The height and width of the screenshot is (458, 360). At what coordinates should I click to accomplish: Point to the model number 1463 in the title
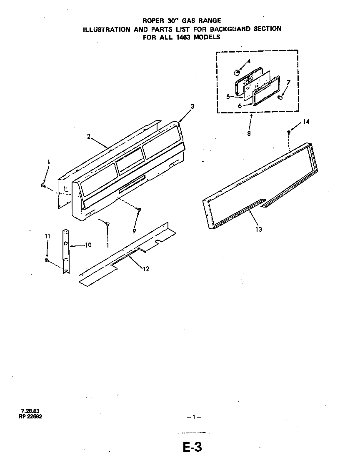(185, 37)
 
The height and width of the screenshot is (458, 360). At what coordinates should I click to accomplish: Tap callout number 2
(89, 136)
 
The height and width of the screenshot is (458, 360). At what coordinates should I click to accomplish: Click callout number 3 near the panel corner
(192, 106)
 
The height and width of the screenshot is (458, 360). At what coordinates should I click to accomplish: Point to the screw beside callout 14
(288, 132)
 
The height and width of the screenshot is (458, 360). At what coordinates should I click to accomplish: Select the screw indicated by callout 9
(140, 209)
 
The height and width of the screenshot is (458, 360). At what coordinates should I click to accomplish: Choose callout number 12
(146, 269)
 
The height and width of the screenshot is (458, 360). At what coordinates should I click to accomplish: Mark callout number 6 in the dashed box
(240, 106)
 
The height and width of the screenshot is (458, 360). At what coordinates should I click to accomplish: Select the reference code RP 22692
(30, 416)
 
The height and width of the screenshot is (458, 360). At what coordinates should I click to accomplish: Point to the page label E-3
(192, 447)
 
